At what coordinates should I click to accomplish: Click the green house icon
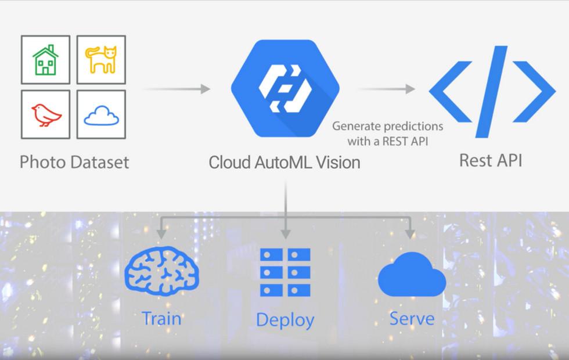click(45, 60)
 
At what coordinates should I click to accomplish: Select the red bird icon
click(46, 115)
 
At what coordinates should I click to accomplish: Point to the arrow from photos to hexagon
click(176, 89)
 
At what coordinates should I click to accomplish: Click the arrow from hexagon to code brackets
click(386, 89)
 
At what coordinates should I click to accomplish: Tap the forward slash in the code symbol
click(492, 91)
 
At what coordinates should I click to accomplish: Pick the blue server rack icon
click(285, 272)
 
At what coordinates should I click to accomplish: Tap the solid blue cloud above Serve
click(411, 275)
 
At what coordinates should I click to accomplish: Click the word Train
click(162, 318)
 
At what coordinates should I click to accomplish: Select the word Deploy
click(285, 320)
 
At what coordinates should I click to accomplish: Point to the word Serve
click(412, 318)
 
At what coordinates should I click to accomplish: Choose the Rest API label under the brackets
click(491, 160)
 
